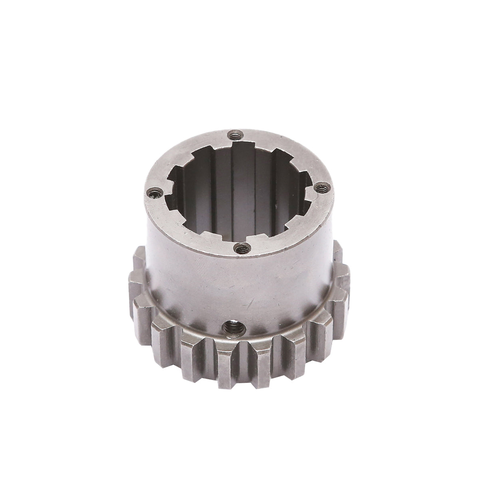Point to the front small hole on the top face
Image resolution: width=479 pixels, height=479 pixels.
click(241, 249)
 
